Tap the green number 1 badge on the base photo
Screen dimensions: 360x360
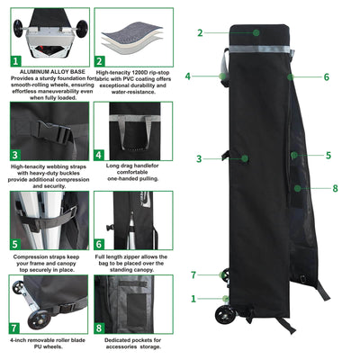tap(15, 61)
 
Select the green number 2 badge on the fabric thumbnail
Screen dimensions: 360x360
tap(101, 61)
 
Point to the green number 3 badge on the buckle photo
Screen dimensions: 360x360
tap(15, 154)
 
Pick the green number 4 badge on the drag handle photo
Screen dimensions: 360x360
tap(100, 154)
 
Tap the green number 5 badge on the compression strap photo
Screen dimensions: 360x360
tap(15, 243)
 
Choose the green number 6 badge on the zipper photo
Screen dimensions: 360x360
tap(101, 243)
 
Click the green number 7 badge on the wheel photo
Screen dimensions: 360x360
tap(15, 328)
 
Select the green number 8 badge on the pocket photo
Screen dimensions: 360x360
tap(101, 328)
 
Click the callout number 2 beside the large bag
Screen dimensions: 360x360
tap(200, 32)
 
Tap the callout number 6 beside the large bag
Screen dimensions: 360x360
tap(327, 77)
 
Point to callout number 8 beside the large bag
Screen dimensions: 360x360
tap(335, 188)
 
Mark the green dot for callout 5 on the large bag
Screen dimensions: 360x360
tap(293, 156)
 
